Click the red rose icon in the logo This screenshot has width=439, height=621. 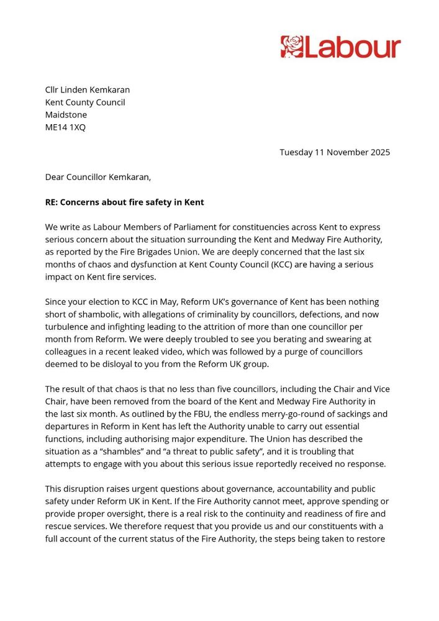(x=291, y=47)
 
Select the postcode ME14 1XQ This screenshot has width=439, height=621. (x=65, y=127)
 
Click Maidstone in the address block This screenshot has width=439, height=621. (x=66, y=115)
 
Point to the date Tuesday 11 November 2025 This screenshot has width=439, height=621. (x=335, y=152)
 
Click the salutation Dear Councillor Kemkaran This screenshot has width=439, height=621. (x=98, y=177)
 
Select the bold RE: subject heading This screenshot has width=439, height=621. (x=124, y=202)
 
